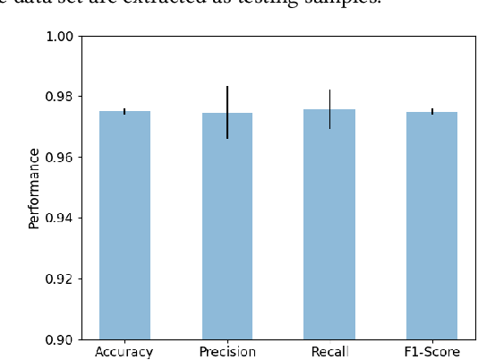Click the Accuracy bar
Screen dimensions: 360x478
[x=124, y=225]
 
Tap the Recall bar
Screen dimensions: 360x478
[x=329, y=224]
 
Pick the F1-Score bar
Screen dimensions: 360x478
[x=432, y=225]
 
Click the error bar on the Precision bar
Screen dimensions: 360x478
[x=227, y=112]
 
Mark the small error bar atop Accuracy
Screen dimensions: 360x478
[x=124, y=111]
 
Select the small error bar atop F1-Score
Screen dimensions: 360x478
[x=432, y=111]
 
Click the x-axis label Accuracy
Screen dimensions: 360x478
[x=124, y=351]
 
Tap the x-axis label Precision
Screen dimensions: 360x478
[x=227, y=351]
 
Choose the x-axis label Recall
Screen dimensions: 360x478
[x=329, y=351]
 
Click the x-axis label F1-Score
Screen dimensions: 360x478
[x=432, y=351]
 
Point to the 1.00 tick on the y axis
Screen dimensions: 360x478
[x=59, y=36]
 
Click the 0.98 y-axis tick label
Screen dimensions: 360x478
[x=59, y=97]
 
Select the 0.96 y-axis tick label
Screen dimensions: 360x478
[x=59, y=158]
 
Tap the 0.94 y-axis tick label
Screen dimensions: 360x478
[x=59, y=218]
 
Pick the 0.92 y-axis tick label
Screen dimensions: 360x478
[x=59, y=279]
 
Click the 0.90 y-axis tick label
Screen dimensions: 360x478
[x=59, y=339]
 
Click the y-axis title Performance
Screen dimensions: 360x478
[x=34, y=188]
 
